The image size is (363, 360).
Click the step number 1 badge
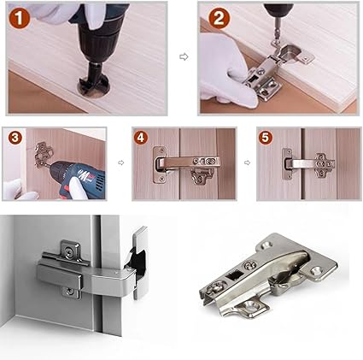point(19,18)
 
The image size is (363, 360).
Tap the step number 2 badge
point(219,19)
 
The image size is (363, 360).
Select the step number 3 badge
point(15,138)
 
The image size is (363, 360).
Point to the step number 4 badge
point(141,138)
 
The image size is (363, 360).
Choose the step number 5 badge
point(266,138)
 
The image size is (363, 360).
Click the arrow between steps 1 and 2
point(184,56)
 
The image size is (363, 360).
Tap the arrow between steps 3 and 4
point(121,162)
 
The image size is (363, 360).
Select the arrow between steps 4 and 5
point(248,162)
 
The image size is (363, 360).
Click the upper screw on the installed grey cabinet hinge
point(69,251)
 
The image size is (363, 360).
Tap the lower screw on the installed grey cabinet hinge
point(69,291)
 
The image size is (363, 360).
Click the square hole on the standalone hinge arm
point(234,275)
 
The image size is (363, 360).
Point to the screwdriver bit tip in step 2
point(274,42)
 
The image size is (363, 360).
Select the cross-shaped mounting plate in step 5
point(324,165)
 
